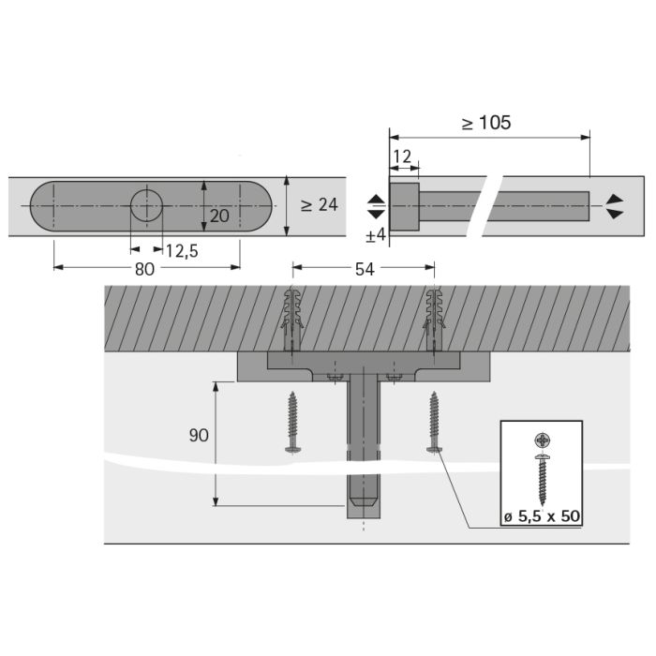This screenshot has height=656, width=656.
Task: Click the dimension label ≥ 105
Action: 486,123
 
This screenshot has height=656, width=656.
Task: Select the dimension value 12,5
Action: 182,251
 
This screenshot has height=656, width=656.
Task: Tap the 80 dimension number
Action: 144,269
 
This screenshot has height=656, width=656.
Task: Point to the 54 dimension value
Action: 365,270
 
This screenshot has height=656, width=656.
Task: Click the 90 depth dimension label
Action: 199,436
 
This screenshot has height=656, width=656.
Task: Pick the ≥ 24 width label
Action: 320,204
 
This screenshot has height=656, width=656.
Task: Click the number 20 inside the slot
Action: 219,216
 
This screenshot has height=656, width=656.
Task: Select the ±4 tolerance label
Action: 376,235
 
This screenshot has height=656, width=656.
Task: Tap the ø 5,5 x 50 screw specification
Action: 542,516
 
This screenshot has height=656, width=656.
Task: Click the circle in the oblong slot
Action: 146,206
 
